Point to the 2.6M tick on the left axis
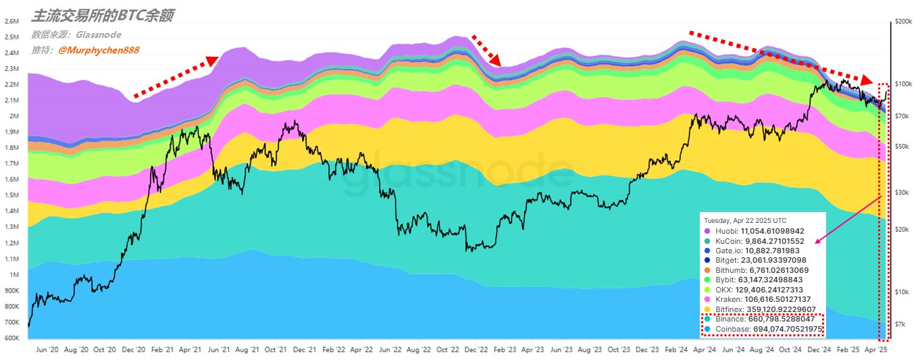11,21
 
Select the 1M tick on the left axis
14,275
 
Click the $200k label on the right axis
903,22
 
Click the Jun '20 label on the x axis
46,351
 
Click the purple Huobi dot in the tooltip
708,231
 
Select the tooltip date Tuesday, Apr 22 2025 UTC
745,221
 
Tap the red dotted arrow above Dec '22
486,50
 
